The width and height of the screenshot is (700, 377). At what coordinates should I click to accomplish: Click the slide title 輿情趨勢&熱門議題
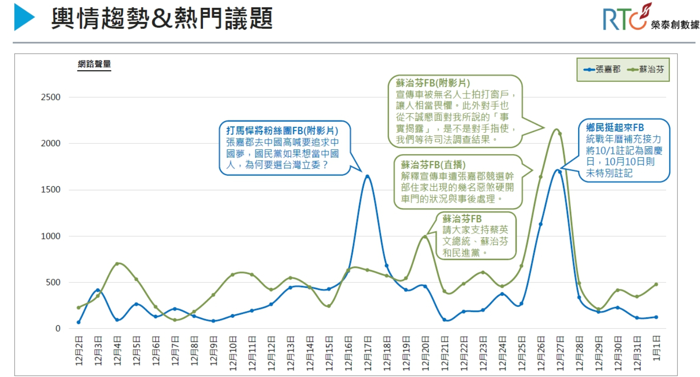pyautogui.click(x=161, y=18)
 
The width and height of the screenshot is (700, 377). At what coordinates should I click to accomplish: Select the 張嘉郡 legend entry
pyautogui.click(x=602, y=69)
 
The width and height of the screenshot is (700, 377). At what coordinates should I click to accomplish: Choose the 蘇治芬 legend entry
pyautogui.click(x=646, y=69)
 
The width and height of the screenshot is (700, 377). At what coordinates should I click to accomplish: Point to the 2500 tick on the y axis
pyautogui.click(x=50, y=97)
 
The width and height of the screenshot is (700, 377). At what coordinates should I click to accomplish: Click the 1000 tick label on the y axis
pyautogui.click(x=50, y=236)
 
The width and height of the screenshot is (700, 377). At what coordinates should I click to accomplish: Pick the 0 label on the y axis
pyautogui.click(x=58, y=328)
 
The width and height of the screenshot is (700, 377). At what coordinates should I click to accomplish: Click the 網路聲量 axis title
pyautogui.click(x=94, y=64)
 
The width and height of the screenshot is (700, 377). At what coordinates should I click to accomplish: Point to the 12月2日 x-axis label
pyautogui.click(x=79, y=351)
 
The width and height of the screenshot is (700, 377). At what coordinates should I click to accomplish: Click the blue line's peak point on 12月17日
pyautogui.click(x=367, y=176)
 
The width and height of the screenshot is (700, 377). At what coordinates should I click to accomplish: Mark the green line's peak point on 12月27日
pyautogui.click(x=560, y=133)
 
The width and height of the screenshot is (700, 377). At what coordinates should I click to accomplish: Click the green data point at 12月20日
pyautogui.click(x=425, y=237)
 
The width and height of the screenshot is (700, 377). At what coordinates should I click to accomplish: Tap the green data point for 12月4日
pyautogui.click(x=117, y=264)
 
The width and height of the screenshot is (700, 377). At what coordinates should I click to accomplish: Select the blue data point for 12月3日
pyautogui.click(x=98, y=290)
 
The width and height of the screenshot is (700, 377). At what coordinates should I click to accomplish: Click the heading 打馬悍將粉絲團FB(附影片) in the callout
pyautogui.click(x=282, y=131)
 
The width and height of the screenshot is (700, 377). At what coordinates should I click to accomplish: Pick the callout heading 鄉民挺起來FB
pyautogui.click(x=615, y=128)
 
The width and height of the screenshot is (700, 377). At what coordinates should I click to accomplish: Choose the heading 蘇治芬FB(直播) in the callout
pyautogui.click(x=433, y=165)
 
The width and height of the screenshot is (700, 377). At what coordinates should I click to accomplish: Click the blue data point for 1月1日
pyautogui.click(x=656, y=317)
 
